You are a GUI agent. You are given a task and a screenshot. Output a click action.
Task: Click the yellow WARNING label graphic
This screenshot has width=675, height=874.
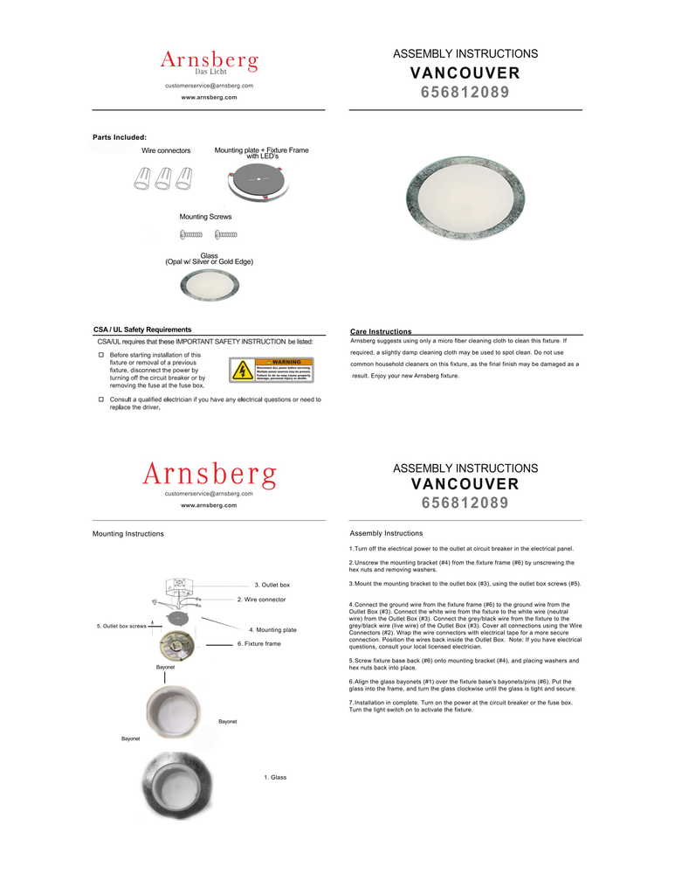click(x=271, y=370)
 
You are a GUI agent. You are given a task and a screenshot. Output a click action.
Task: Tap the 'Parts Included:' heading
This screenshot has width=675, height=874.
click(x=120, y=137)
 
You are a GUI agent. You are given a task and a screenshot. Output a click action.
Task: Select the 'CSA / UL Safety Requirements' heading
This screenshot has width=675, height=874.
click(x=142, y=329)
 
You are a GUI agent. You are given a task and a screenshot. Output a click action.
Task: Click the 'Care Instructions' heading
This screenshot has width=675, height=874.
click(x=381, y=332)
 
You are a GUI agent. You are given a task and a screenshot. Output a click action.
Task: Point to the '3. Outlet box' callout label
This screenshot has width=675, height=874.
click(x=272, y=584)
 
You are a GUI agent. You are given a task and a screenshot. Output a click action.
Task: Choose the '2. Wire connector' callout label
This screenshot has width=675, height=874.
click(x=261, y=600)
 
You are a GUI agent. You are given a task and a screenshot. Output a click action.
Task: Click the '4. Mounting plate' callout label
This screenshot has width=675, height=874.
click(x=272, y=629)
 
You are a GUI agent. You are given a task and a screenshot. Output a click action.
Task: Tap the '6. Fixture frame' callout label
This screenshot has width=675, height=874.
click(x=258, y=643)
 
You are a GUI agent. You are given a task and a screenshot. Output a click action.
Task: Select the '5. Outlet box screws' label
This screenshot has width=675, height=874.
click(x=121, y=626)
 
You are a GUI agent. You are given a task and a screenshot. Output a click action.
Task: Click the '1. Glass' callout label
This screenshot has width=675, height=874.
click(x=275, y=777)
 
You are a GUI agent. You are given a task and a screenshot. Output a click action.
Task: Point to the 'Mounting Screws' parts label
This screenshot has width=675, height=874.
click(x=205, y=216)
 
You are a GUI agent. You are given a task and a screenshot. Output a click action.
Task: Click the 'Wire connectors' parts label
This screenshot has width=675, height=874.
click(x=166, y=151)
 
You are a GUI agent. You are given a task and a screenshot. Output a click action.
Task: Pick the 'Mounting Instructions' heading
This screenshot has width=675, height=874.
click(x=128, y=533)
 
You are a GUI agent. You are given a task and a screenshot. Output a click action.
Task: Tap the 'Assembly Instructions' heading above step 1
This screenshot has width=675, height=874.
click(x=386, y=533)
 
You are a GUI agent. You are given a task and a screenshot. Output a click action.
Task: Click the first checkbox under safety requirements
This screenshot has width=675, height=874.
click(x=101, y=356)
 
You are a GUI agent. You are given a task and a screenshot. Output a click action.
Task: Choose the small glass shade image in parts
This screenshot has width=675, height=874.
click(x=209, y=284)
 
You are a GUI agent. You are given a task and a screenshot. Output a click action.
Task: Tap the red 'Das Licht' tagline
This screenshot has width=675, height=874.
click(x=210, y=72)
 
